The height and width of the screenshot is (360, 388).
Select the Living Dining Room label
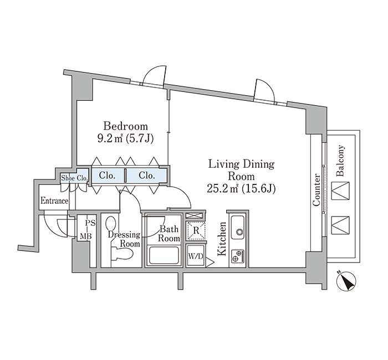(x=242, y=171)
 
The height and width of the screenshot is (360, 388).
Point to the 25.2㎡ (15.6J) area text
(x=242, y=189)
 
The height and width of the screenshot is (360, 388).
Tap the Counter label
(x=316, y=190)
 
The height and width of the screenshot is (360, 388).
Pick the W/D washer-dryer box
(x=195, y=256)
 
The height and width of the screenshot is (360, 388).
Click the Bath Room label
(x=169, y=233)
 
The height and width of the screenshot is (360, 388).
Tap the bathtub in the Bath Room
(x=163, y=256)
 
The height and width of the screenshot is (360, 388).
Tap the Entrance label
(x=54, y=200)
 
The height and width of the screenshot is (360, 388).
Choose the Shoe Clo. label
(x=74, y=178)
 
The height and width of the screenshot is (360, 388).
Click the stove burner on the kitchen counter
(x=239, y=255)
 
